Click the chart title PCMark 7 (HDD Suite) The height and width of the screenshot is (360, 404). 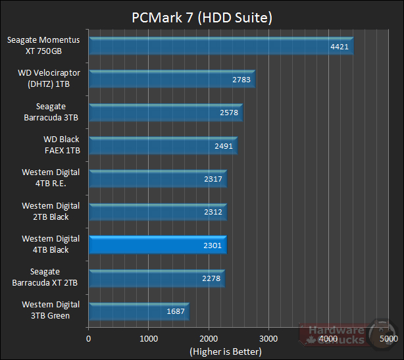coord(201,15)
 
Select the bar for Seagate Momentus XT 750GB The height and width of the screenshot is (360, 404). coord(220,46)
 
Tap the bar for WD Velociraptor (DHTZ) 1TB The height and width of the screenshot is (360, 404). coord(171,79)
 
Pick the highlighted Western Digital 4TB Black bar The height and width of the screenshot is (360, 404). coord(157,245)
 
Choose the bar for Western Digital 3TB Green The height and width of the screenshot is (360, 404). coord(138,311)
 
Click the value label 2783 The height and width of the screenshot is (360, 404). coord(241,80)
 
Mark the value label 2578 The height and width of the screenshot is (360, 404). coord(229,113)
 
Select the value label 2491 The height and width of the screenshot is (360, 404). coord(224,146)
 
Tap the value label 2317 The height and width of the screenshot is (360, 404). coord(213,179)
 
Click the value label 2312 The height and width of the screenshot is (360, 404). coord(213,212)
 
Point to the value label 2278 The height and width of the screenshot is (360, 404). coord(211,278)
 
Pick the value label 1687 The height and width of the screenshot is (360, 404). coord(176,311)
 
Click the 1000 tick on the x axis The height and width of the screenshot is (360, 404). coord(149,340)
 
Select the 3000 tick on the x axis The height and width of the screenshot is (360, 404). coord(268,340)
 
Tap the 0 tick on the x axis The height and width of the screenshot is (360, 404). coord(89,340)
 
